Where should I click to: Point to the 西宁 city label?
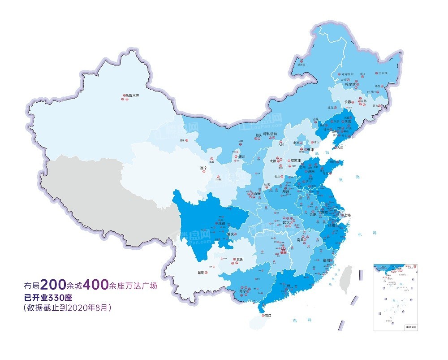(x=204, y=168)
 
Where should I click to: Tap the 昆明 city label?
(x=201, y=272)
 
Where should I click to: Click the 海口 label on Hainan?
(x=268, y=316)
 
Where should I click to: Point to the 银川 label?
(x=242, y=157)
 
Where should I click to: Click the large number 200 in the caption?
(x=55, y=284)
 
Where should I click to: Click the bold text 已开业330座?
(x=54, y=297)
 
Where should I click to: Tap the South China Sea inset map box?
(x=396, y=296)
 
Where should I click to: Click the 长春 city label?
(x=348, y=102)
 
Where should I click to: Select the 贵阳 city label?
(x=240, y=259)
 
